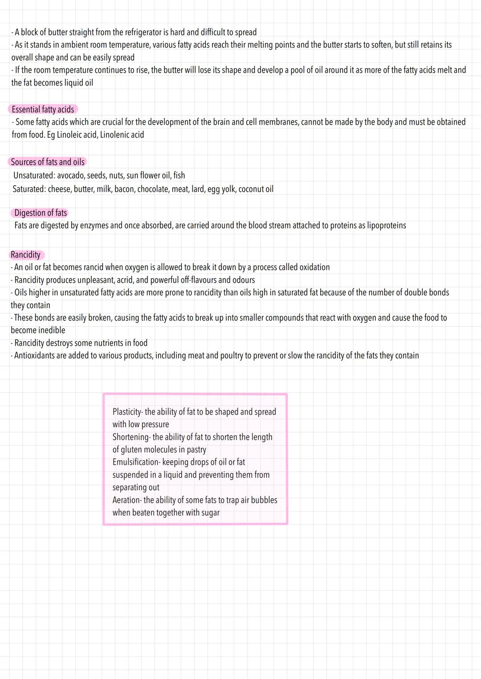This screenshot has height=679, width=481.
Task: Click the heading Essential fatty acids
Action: [x=43, y=110]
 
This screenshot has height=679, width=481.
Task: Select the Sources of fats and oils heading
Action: [x=47, y=162]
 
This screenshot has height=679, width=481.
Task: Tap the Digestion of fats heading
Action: [x=41, y=213]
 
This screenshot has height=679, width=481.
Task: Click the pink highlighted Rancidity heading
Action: [x=26, y=255]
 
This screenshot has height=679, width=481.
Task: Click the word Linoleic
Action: [x=70, y=135]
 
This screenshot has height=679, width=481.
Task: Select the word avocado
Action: [x=70, y=175]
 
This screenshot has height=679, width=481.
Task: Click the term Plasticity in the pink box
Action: [x=126, y=412]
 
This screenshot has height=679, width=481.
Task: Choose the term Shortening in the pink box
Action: [x=130, y=437]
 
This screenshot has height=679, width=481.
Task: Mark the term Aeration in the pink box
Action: [x=126, y=500]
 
